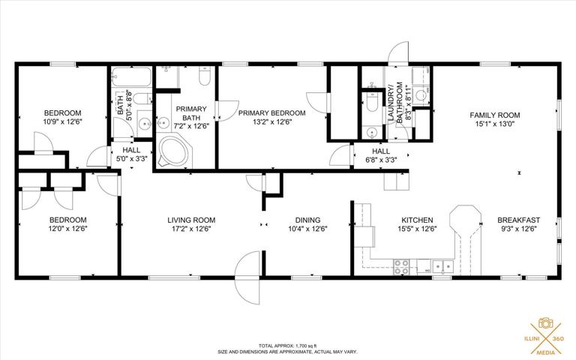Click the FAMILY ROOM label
click(495, 115)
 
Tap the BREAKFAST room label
click(519, 220)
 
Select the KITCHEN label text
click(417, 220)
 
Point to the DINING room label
click(307, 220)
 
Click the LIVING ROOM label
click(191, 220)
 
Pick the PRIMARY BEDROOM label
click(271, 113)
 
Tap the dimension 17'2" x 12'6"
click(191, 229)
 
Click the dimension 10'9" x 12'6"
click(62, 121)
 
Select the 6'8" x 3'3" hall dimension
click(381, 160)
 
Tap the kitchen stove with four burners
click(401, 267)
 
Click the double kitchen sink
click(443, 266)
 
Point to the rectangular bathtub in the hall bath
click(131, 76)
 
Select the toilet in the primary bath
click(204, 75)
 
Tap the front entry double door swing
click(248, 278)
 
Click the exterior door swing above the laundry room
click(398, 52)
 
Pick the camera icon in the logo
click(546, 323)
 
